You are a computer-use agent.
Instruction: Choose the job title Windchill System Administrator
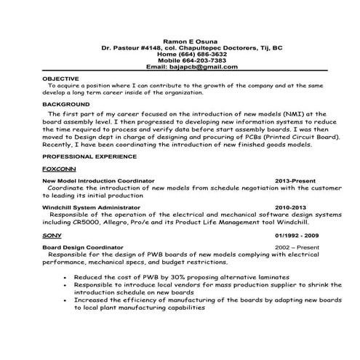(x=92, y=207)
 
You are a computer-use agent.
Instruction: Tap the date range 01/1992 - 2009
(x=298, y=236)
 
